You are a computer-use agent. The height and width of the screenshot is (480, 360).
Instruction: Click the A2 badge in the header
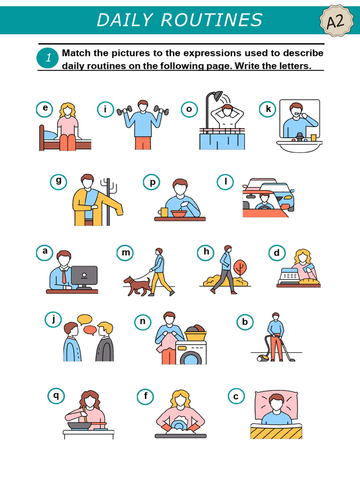[x=336, y=21]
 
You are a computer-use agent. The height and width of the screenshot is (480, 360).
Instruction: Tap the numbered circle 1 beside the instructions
[x=48, y=58]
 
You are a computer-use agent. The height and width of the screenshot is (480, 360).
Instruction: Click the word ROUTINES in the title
[x=211, y=20]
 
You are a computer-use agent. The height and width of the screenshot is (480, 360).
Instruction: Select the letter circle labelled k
[x=268, y=109]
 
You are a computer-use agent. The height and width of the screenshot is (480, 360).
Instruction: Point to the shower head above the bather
[x=217, y=95]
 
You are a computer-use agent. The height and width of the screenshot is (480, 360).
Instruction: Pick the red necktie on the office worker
[x=64, y=276]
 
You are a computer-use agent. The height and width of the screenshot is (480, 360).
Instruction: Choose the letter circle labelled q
[x=56, y=396]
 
